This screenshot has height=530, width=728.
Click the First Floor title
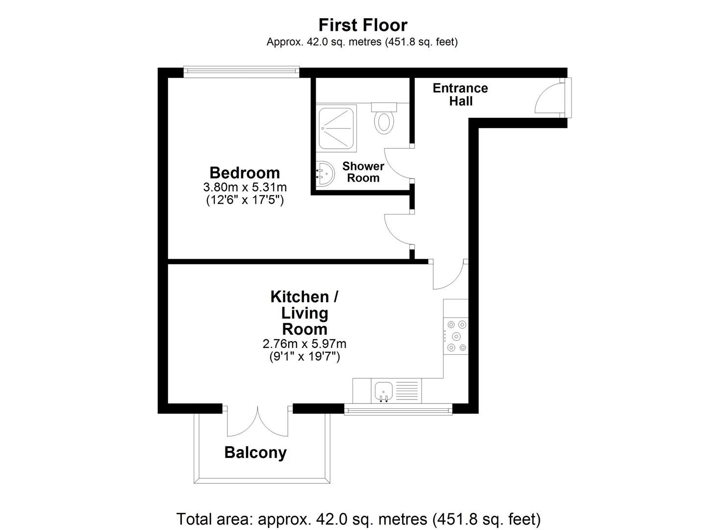click(363, 25)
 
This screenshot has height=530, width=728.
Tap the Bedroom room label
click(245, 173)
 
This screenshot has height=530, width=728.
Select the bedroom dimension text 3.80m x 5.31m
click(245, 187)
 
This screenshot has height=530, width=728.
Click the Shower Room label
click(363, 172)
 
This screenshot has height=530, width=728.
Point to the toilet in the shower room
click(383, 119)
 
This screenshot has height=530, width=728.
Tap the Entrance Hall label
click(460, 95)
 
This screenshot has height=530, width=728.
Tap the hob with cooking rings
click(456, 336)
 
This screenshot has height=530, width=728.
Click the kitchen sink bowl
click(383, 391)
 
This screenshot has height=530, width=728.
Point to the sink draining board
click(407, 391)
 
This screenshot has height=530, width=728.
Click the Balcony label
click(255, 452)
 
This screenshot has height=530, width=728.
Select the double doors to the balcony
click(257, 422)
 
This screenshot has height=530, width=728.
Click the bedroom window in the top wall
click(241, 72)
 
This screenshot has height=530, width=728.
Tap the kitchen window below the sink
click(398, 409)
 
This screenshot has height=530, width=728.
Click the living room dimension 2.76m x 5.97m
click(304, 344)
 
